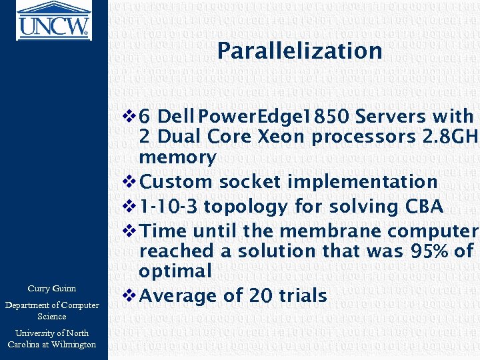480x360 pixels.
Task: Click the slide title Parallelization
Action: (299, 51)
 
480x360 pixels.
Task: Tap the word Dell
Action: (178, 117)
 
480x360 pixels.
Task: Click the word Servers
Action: (391, 117)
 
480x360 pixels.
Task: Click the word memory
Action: (177, 157)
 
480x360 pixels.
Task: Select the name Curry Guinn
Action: (51, 289)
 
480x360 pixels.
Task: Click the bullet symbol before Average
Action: (131, 295)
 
